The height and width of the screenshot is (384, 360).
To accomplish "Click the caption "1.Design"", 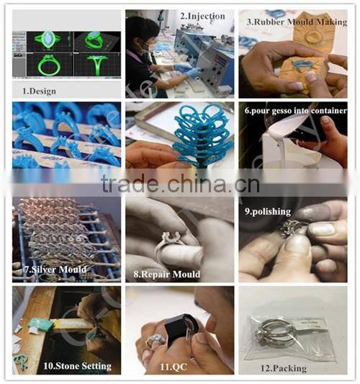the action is coord(39,91).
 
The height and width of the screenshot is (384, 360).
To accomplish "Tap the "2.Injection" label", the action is coord(202,16).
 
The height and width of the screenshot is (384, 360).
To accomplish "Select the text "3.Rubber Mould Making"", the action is coord(297,22).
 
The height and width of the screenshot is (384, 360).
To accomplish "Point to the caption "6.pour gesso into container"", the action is coord(296,111).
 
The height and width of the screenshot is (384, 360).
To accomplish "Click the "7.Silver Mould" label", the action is coord(55,269).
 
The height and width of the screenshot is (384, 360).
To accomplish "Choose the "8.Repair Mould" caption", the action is coord(166,274).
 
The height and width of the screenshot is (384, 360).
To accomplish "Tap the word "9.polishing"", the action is coord(268,212).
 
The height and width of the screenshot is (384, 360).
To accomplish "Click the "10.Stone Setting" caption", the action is coord(77,366).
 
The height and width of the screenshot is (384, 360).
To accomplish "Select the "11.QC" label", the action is coord(174,367).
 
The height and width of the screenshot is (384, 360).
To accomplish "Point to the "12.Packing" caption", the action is coord(284,368).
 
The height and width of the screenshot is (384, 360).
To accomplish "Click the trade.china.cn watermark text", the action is coord(180,184).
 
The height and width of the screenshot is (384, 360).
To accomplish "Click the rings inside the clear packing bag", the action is coord(273,332).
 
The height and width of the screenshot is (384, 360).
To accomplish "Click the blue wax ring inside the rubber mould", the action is coord(302,64).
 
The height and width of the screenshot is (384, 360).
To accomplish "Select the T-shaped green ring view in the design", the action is coord(98,64).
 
